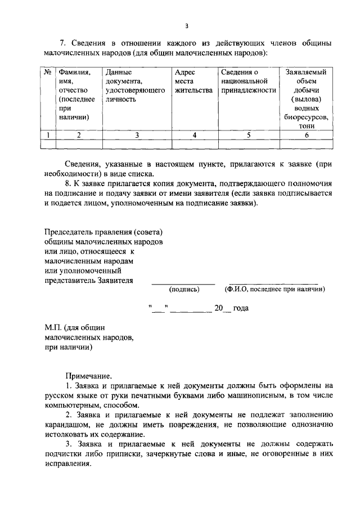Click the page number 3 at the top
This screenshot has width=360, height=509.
(186, 25)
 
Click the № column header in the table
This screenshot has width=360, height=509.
(49, 73)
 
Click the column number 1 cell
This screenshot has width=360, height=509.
(49, 134)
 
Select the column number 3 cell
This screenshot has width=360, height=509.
(137, 134)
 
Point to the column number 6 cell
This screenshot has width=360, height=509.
(307, 134)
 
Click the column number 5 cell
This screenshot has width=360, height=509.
(248, 134)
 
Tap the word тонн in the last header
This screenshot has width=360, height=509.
(307, 127)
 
